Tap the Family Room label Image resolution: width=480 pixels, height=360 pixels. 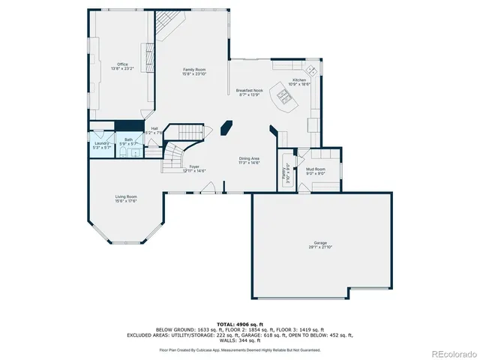(194, 69)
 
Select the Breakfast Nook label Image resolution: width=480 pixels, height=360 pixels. (249, 90)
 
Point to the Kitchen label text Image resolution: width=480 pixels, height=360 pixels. (299, 79)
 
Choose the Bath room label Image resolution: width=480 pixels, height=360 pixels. (128, 139)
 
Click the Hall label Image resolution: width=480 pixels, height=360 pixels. (154, 128)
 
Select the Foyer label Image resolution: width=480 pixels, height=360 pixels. (194, 166)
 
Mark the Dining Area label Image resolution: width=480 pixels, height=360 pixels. (249, 158)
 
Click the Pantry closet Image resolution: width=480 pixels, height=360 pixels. (285, 172)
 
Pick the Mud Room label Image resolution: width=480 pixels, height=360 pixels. (315, 169)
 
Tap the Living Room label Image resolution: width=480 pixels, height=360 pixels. (126, 196)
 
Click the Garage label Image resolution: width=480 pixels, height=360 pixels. (320, 242)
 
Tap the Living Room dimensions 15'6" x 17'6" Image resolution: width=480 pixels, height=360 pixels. (126, 201)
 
